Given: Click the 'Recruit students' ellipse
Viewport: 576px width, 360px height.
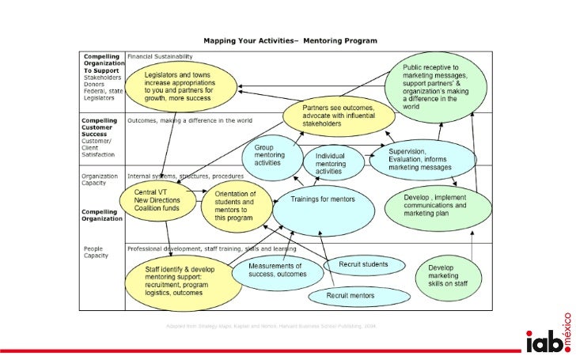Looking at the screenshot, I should coord(365,263).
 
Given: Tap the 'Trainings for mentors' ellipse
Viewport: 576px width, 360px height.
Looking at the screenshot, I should coord(322,201).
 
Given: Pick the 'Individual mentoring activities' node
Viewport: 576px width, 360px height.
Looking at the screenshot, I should coord(334,162).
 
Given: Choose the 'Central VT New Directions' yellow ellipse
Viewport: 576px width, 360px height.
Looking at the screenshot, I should coord(155,199).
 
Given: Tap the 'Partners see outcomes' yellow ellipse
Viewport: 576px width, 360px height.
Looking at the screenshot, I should coord(337,116).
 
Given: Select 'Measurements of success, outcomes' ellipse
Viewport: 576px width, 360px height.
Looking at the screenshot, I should coord(278,271).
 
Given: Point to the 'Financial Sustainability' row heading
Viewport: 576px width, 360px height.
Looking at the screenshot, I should coord(163,57).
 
